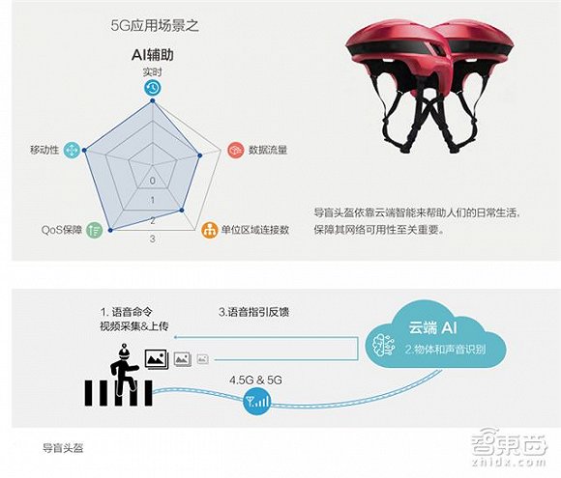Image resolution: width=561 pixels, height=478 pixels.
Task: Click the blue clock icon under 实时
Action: point(153,88)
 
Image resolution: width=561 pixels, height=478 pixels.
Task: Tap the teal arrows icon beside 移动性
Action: point(72,150)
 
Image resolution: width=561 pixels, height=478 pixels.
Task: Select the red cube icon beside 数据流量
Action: point(236,150)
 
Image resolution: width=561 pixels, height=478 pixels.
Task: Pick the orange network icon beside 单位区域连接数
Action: point(210,230)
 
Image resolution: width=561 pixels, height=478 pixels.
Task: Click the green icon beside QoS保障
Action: point(95,230)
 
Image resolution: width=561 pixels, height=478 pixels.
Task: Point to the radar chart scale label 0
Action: point(153,181)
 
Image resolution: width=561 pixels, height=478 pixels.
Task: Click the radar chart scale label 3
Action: point(153,239)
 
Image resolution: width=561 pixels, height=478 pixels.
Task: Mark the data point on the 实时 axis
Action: point(153,100)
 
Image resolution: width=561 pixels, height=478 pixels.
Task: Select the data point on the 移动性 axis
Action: point(84,151)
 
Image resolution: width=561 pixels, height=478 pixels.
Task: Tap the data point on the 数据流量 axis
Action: point(200,155)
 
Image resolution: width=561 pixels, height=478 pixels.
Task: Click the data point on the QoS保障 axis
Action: point(110,230)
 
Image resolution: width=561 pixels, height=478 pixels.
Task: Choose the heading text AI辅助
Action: point(153,55)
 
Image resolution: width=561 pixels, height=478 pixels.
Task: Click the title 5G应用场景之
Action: point(155,26)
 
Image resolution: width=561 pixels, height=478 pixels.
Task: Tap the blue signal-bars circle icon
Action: point(257,401)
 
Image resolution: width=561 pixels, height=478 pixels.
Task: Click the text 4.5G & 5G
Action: point(255,380)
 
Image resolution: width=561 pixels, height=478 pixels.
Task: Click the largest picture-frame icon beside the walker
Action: point(157,359)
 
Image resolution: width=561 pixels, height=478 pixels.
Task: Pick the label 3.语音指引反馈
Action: point(253,312)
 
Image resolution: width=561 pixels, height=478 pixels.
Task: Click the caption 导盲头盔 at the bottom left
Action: point(63,448)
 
